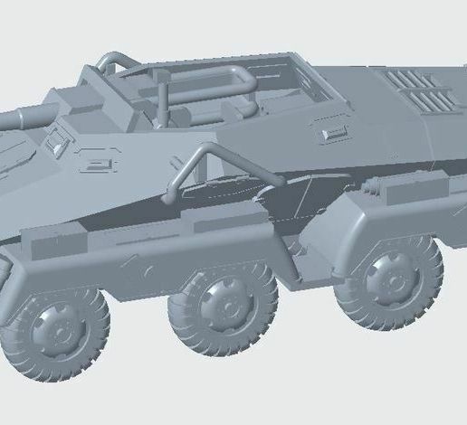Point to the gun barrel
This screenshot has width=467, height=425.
coord(27,115)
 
